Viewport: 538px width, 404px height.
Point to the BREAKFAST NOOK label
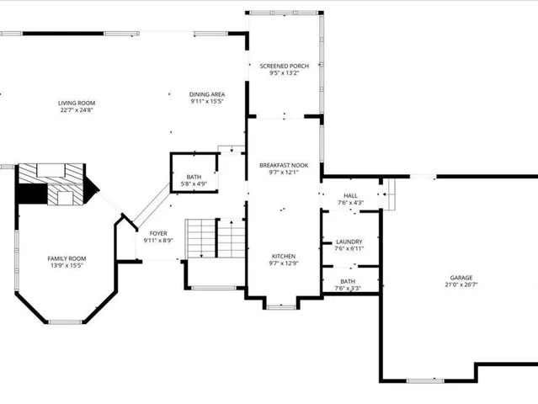coord(283,165)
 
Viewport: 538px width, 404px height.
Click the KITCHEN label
coord(283,256)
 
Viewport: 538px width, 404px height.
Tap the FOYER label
coord(158,233)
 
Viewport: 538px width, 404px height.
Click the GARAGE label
coord(461,277)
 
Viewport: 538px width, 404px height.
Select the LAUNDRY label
coord(349,242)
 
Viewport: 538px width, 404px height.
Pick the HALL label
coord(349,195)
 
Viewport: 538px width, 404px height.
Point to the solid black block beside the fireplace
coord(32,194)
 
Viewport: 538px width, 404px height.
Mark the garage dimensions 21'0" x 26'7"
coord(461,284)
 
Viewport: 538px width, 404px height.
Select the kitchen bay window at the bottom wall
coord(282,306)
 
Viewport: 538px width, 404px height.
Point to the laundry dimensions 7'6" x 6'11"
coord(349,249)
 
